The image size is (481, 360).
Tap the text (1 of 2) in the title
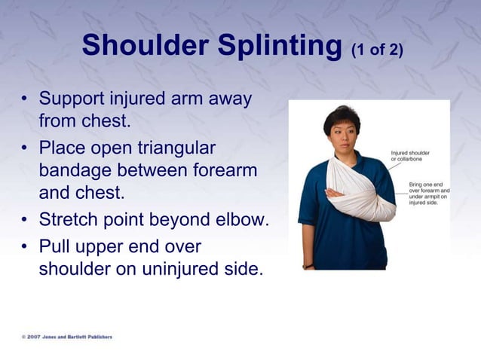click(x=377, y=50)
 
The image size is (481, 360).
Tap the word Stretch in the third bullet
click(x=67, y=221)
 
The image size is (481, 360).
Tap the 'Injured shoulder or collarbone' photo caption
click(x=410, y=156)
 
